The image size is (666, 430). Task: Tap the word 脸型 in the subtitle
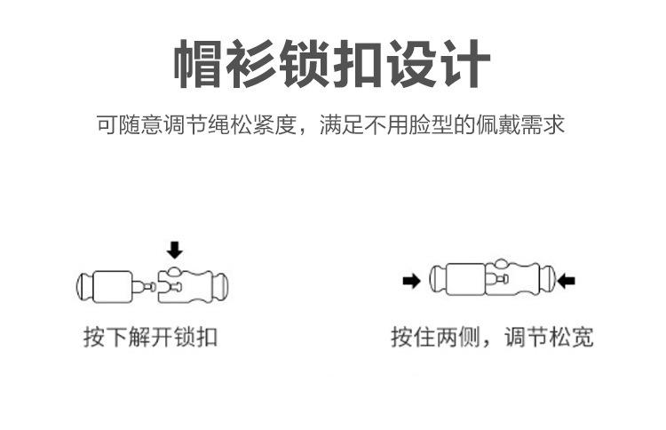click(x=435, y=123)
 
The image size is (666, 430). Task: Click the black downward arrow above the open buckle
click(x=175, y=250)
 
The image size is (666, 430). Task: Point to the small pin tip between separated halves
click(x=147, y=286)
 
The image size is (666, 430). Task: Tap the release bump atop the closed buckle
click(x=503, y=264)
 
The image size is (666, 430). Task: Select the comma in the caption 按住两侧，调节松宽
click(x=485, y=342)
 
